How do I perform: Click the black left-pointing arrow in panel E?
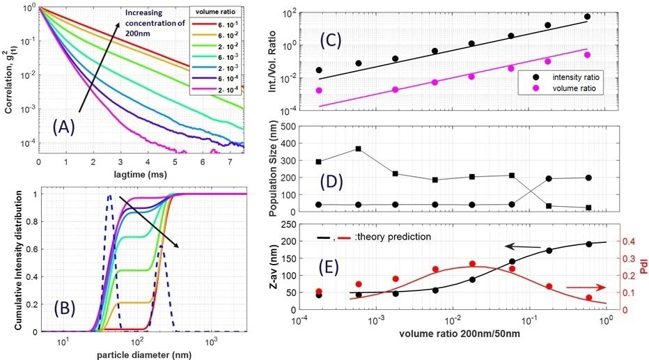coord(518,246)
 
